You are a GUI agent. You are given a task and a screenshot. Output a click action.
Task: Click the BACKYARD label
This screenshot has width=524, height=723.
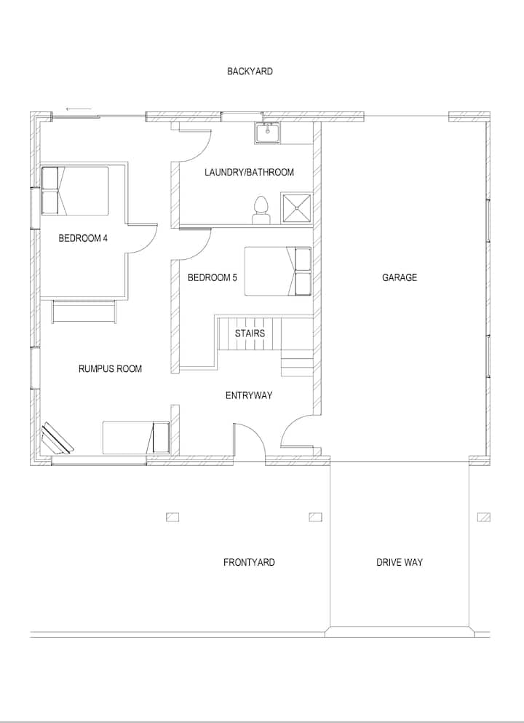[250, 71]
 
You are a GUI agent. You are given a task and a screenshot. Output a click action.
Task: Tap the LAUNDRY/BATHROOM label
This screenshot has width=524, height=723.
[250, 173]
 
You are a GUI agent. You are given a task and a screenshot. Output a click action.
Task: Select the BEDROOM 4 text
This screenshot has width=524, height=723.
[83, 238]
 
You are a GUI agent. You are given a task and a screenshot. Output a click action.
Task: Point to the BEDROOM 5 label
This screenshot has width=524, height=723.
[213, 277]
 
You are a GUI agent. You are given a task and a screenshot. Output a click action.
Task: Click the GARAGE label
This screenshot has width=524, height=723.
[400, 277]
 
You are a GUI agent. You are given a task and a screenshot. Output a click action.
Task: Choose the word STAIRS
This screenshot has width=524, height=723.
[250, 333]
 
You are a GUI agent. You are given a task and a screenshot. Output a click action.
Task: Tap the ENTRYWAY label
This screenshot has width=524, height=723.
[249, 395]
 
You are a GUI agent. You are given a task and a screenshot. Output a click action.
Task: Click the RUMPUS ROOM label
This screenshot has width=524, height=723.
[110, 368]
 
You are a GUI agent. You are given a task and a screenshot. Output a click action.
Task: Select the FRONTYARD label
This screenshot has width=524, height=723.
[249, 562]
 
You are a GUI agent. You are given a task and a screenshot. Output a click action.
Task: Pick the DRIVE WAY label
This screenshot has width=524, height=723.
[400, 562]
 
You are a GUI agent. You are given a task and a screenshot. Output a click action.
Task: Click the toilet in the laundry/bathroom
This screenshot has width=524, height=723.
[261, 210]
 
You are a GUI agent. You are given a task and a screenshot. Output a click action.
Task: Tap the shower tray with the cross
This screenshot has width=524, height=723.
[297, 208]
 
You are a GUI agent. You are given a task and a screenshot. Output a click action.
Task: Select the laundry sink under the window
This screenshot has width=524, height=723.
[268, 133]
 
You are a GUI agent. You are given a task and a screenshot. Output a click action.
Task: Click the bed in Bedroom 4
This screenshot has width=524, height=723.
[75, 191]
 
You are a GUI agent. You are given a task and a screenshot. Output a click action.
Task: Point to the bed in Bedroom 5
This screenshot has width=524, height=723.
[278, 271]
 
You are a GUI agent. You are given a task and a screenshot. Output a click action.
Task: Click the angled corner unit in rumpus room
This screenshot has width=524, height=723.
[57, 439]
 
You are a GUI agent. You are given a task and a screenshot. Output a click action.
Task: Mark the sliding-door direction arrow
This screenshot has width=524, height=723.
[79, 109]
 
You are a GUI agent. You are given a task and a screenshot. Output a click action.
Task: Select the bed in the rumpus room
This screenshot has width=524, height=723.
[136, 437]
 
